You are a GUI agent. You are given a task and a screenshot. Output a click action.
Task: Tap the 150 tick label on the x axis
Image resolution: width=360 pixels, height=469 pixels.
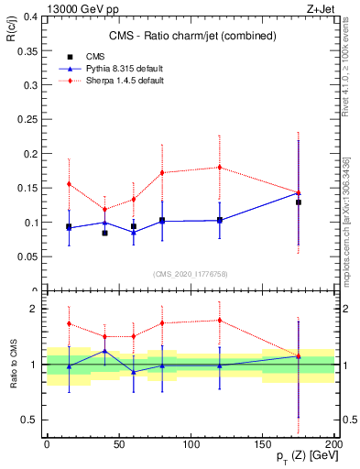click(x=263, y=444)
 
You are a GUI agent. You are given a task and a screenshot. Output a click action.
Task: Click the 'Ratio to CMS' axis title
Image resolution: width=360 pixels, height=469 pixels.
click(x=11, y=364)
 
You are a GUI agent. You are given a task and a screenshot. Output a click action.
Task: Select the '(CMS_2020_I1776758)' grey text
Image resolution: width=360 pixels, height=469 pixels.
click(x=190, y=272)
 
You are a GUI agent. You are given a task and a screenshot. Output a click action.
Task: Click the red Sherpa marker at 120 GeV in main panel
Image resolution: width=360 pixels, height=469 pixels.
click(x=220, y=167)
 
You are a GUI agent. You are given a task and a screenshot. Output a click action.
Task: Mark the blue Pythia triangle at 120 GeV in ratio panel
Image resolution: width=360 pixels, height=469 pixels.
click(x=220, y=365)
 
